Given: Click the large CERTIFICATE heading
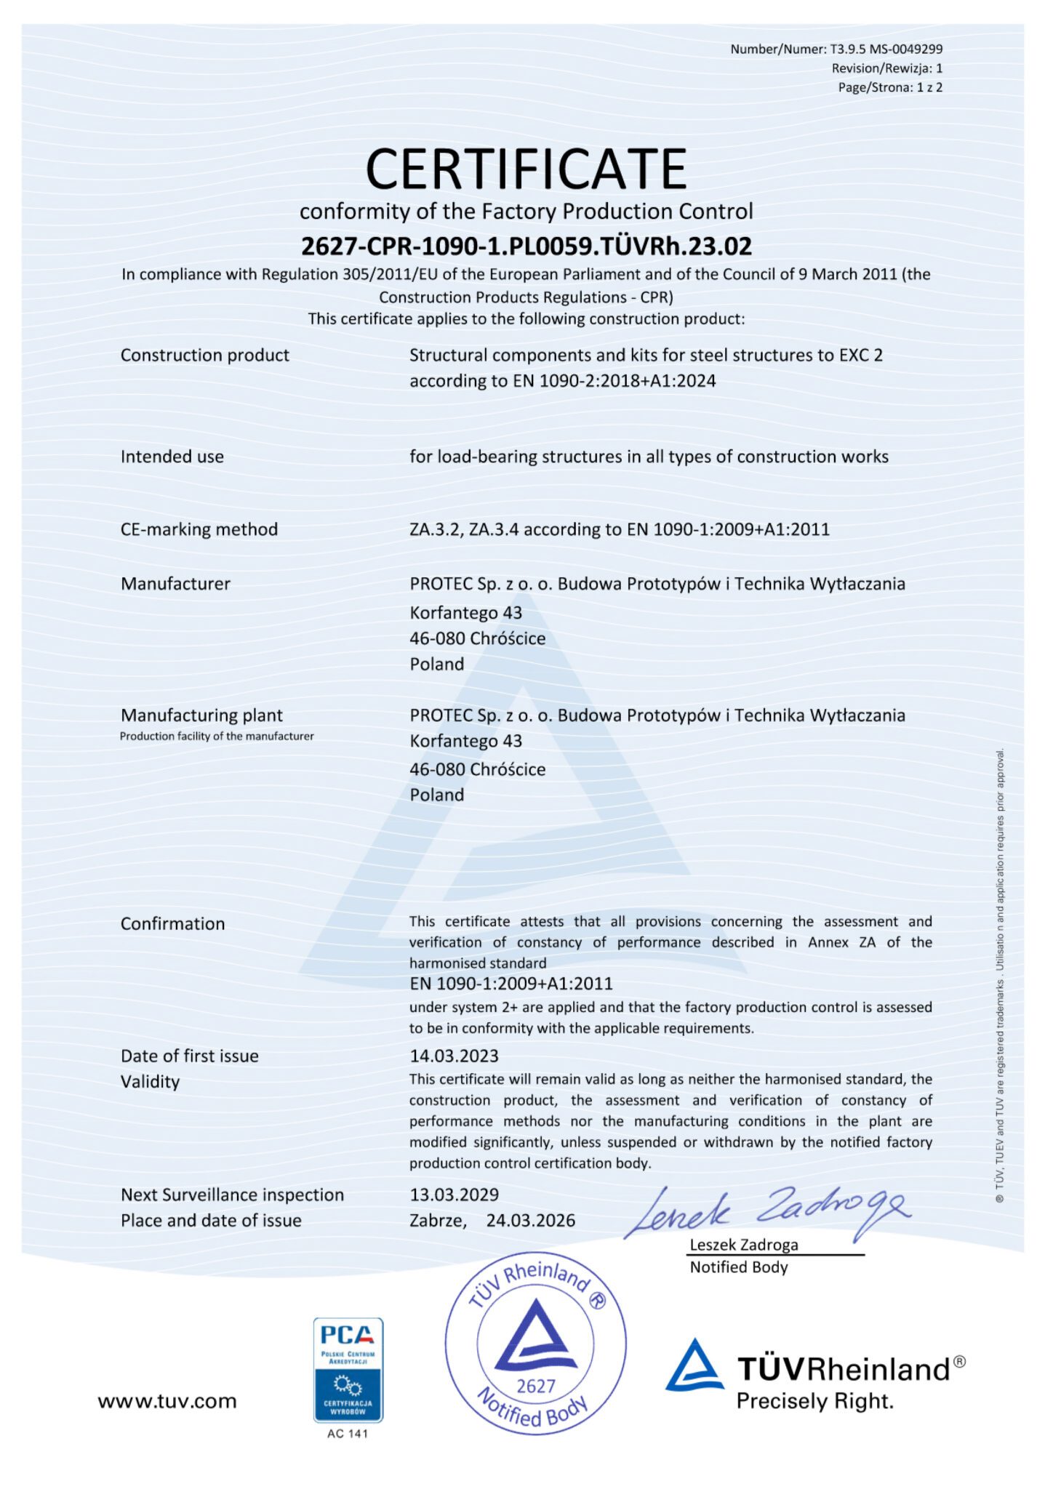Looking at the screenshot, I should [526, 169].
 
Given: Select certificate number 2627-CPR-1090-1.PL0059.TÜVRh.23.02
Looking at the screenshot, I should [526, 246].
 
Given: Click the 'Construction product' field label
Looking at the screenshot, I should [204, 356].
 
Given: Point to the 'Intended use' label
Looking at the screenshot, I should [172, 457].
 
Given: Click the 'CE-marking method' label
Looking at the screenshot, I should [199, 529].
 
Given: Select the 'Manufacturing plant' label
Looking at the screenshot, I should [201, 715].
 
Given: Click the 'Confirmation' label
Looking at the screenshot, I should [172, 923].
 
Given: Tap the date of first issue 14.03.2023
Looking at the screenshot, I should [454, 1056].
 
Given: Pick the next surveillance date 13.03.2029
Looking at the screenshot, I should [454, 1195].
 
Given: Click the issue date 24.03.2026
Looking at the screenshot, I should [530, 1220].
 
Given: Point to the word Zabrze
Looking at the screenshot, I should [438, 1220].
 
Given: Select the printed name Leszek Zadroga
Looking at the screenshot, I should [743, 1245].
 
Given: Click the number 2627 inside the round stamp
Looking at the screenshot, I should [535, 1386].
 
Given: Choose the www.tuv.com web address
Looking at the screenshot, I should [167, 1401].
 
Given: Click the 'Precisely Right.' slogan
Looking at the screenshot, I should [814, 1401].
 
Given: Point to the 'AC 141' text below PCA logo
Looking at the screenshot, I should [348, 1434].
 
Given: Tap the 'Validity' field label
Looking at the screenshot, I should [150, 1082].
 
